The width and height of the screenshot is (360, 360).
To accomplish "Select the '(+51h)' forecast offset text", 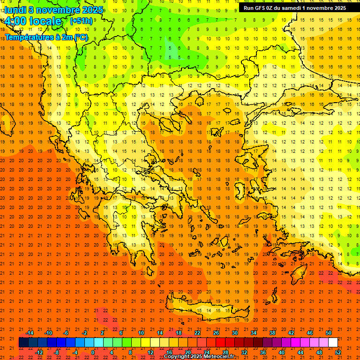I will (81, 21).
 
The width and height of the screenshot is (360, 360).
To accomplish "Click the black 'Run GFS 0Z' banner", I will (295, 7).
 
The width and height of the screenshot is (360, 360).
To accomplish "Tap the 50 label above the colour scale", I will (328, 333).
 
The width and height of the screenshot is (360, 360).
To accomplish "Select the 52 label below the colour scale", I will (338, 352).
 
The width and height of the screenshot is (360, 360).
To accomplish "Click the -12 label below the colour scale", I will (39, 352).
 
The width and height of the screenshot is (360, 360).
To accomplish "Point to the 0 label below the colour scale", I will (92, 352).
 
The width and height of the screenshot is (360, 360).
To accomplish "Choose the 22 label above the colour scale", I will (197, 333).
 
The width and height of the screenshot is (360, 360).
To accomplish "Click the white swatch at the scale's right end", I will (333, 343).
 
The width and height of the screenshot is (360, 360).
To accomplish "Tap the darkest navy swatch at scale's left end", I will (23, 343).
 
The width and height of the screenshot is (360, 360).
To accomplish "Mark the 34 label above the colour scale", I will (254, 333).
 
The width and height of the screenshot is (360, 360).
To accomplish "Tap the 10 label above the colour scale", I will (141, 333).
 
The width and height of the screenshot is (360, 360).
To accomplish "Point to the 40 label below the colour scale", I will (281, 352).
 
